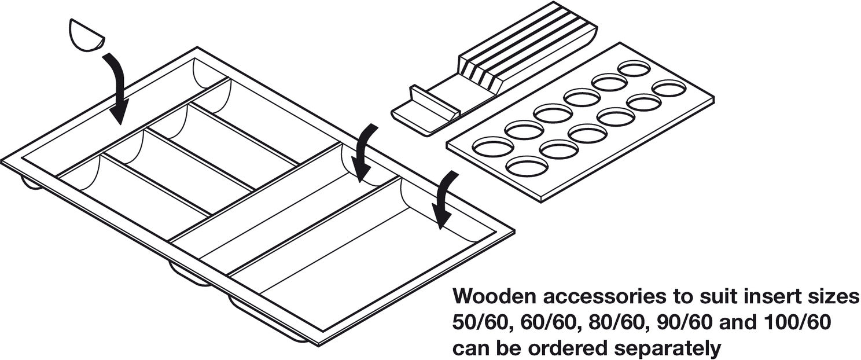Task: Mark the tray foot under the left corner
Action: click(31, 183)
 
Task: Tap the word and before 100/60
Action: click(732, 323)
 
